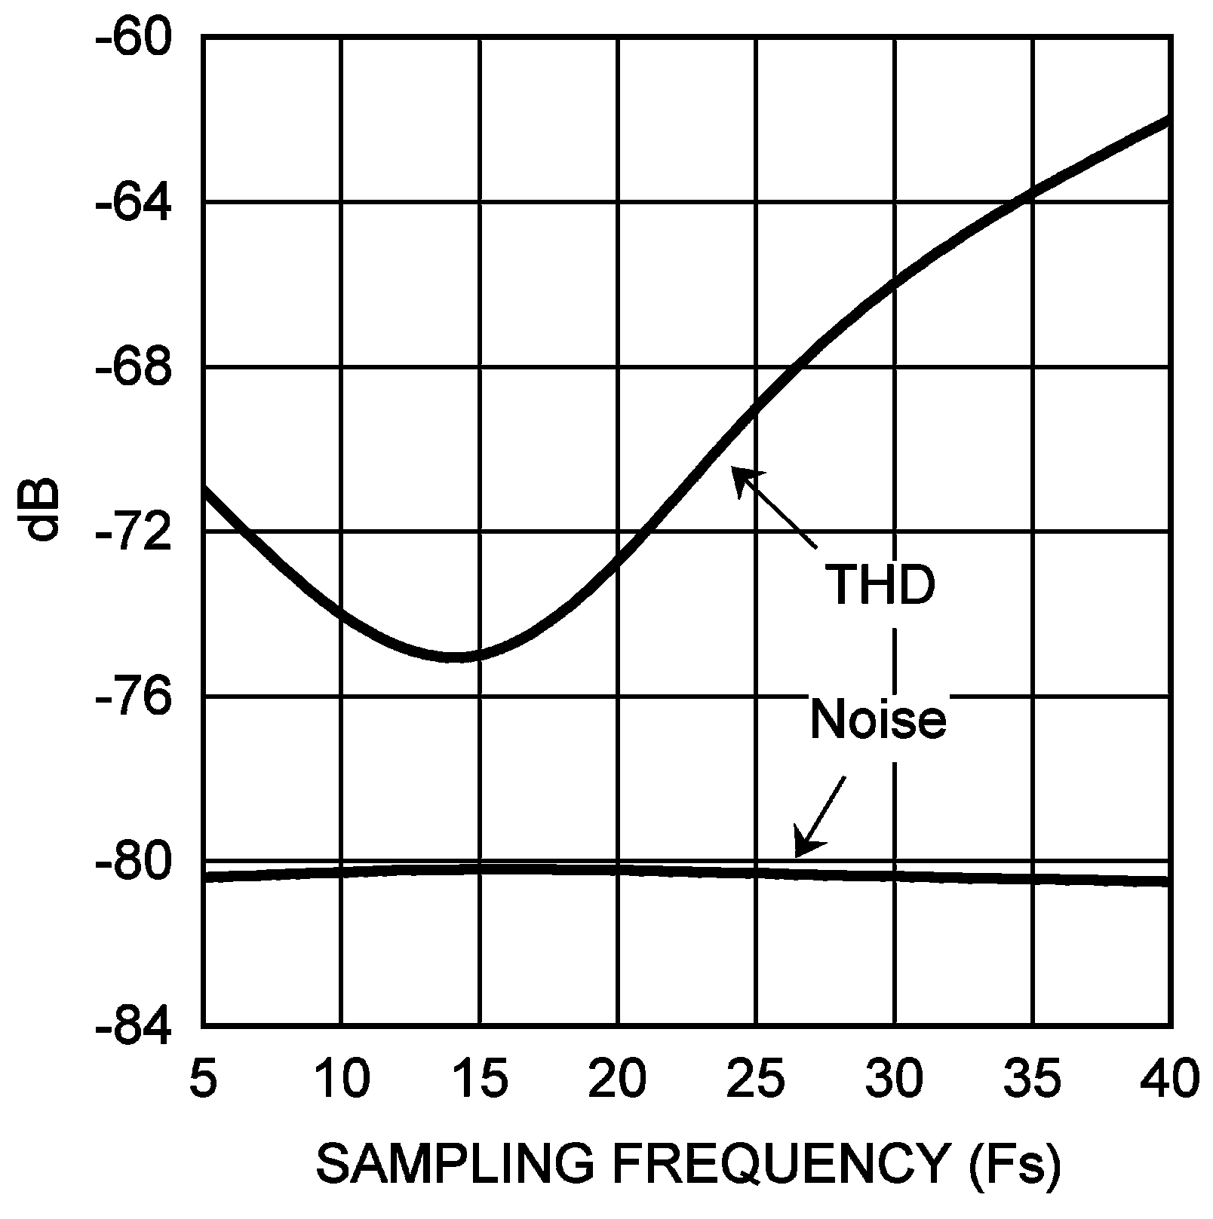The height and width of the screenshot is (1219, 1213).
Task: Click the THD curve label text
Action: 880,586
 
